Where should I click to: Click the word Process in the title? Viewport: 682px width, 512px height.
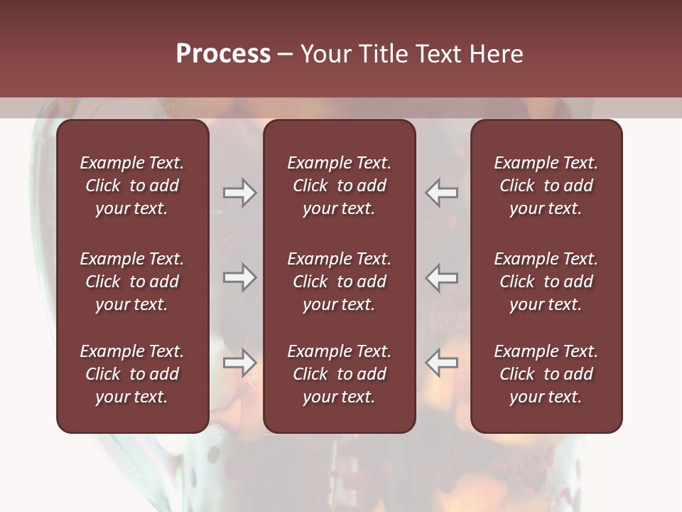pos(223,54)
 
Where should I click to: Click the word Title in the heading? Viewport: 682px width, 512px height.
pos(384,54)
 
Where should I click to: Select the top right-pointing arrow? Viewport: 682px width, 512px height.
pos(239,193)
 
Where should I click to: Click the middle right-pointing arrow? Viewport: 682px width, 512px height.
pos(239,277)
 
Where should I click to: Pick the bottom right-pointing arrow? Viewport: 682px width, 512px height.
pos(239,362)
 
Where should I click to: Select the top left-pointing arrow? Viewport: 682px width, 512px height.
pos(442,193)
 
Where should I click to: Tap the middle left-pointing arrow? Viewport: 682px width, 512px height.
pos(442,277)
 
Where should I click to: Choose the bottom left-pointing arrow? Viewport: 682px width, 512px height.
pos(442,362)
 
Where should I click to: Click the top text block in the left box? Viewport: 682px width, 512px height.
pos(132,186)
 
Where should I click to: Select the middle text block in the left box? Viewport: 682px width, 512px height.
pos(132,282)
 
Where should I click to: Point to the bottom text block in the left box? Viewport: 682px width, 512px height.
pos(132,374)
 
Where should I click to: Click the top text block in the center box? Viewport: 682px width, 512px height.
pos(339,186)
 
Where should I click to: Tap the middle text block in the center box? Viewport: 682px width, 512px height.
pos(339,282)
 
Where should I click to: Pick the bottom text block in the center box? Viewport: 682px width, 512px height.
pos(339,374)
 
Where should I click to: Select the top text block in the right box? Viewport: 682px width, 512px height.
pos(546,186)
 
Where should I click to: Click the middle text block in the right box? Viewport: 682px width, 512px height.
pos(546,282)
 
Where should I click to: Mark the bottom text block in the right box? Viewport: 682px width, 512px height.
pos(546,374)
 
